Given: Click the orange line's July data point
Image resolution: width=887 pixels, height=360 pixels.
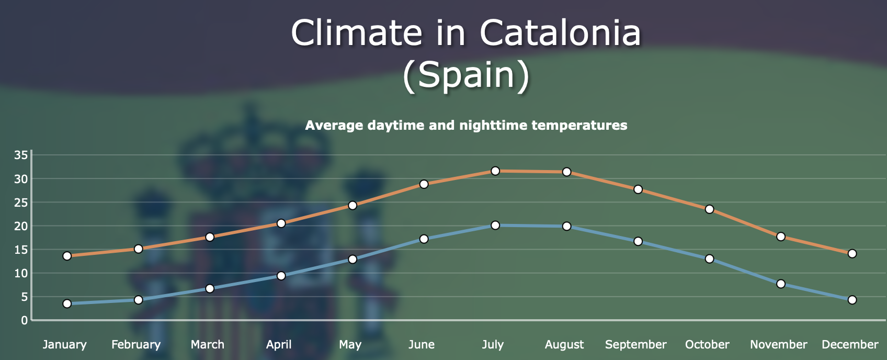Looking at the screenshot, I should (495, 171).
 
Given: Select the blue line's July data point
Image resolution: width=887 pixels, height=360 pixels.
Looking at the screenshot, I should (495, 226).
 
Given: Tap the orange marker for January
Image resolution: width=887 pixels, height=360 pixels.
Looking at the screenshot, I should (67, 256).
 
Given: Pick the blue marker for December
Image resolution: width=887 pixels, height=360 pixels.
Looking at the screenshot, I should (852, 300).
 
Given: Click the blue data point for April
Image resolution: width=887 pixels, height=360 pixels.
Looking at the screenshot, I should (281, 276).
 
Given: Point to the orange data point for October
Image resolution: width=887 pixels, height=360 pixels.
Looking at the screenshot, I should (709, 209).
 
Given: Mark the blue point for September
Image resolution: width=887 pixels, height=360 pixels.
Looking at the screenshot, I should (638, 241).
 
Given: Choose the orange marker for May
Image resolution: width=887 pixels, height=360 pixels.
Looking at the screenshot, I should (352, 205).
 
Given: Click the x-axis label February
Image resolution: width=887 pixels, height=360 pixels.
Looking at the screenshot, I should (136, 345).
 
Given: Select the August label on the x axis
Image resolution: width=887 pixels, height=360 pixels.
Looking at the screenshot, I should (564, 345).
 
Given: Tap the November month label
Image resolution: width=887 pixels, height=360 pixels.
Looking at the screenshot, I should (778, 345).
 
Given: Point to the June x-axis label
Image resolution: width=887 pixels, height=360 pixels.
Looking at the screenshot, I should (422, 345).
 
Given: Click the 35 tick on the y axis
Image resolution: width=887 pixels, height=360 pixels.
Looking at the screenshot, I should (21, 155).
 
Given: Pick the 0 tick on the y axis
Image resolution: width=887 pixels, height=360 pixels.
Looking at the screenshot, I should (24, 320).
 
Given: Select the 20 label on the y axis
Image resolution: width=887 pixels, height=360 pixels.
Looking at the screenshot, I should (21, 226).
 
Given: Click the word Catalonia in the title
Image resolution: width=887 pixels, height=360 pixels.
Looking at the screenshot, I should (560, 33).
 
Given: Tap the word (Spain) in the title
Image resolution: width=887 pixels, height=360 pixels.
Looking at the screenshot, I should (466, 75).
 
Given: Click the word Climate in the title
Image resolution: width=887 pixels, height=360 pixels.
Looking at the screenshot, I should (356, 33).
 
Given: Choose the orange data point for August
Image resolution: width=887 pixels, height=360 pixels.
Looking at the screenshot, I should (566, 172).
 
